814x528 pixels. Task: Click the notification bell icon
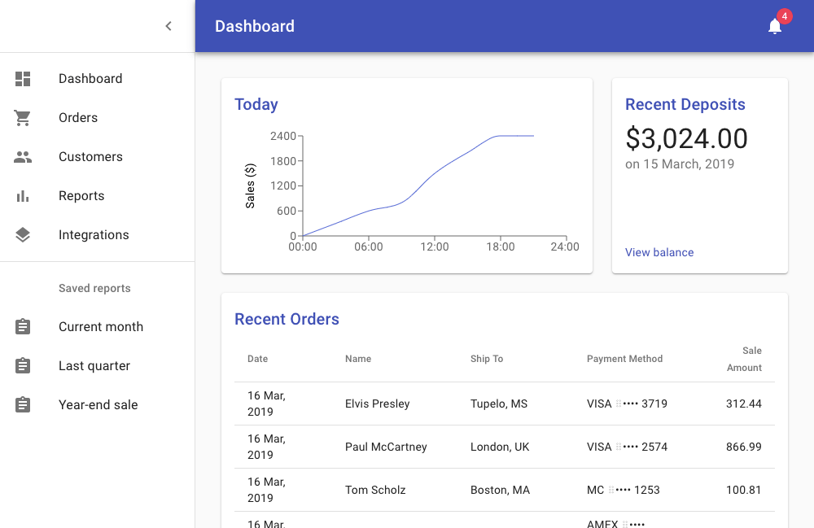click(x=775, y=27)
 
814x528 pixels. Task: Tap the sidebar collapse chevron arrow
click(x=168, y=26)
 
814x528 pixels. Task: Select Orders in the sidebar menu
click(x=78, y=118)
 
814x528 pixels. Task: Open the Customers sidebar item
click(x=90, y=157)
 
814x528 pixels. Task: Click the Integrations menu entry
click(x=94, y=235)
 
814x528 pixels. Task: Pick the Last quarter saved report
click(x=94, y=366)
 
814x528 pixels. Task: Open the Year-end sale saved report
click(x=98, y=405)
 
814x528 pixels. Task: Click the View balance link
click(x=659, y=252)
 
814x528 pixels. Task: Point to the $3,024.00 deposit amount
click(x=686, y=139)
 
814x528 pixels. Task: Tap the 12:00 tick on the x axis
click(x=435, y=247)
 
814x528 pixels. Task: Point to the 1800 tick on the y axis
click(x=283, y=161)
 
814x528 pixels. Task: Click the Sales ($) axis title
click(x=251, y=185)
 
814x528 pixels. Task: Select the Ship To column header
click(x=487, y=359)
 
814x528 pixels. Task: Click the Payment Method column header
click(x=624, y=359)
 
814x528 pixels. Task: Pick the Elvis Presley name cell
click(x=377, y=404)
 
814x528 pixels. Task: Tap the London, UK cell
click(x=500, y=447)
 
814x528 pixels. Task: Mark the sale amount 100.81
click(x=744, y=490)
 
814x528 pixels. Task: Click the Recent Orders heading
click(x=287, y=320)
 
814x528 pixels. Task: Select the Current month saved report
click(x=101, y=327)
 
